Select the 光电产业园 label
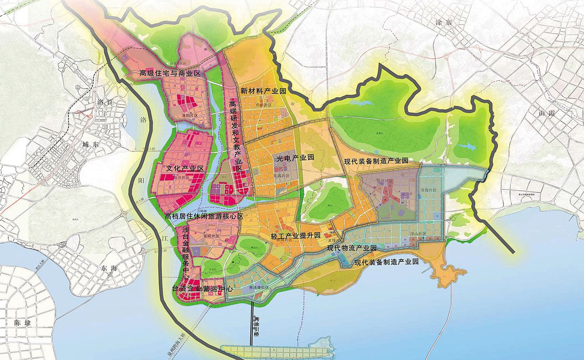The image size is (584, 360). (295, 157)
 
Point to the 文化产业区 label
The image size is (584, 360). (185, 168)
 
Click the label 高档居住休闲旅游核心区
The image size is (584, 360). (204, 216)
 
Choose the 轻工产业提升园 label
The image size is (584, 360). (296, 235)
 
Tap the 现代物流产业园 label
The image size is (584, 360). (352, 248)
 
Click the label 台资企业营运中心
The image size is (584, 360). (203, 288)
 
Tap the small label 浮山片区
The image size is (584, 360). (417, 234)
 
